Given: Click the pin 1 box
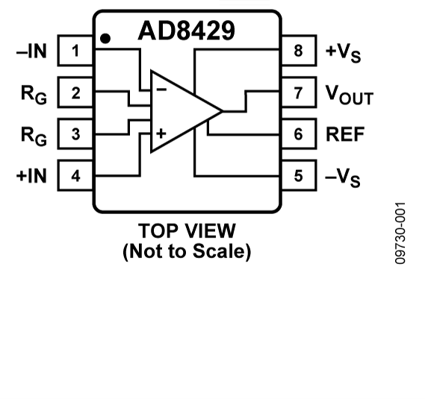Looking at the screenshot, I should (75, 51).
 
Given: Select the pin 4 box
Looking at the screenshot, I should (75, 176).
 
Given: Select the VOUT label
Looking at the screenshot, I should (349, 95).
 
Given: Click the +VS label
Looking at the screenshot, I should (343, 52).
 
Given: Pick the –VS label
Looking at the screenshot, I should (343, 177).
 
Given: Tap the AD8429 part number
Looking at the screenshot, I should (186, 31).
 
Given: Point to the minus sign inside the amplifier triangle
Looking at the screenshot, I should (160, 89).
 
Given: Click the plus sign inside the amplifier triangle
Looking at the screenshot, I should (160, 134).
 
